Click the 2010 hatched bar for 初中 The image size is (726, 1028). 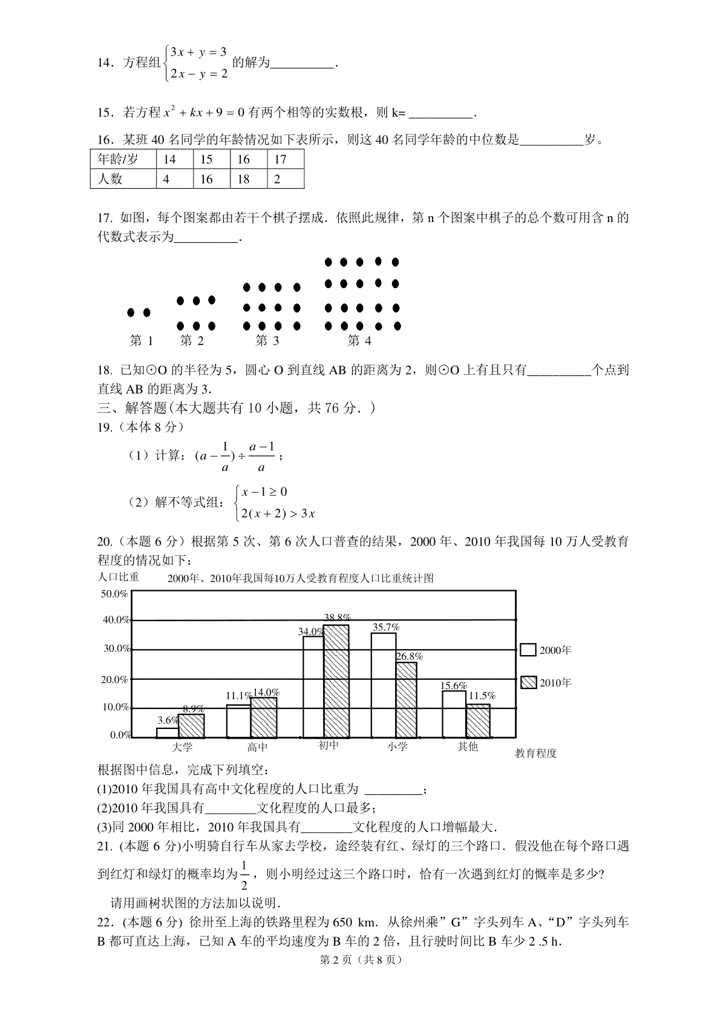(336, 681)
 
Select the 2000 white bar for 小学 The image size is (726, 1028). (384, 685)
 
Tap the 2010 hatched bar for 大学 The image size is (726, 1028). (191, 726)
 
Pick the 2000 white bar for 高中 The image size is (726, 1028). (238, 721)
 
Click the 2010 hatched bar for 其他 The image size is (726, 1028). (478, 720)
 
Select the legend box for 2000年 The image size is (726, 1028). (528, 650)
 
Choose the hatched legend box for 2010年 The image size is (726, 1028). (528, 682)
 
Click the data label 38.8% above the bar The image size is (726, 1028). (337, 618)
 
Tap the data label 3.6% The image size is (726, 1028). (168, 720)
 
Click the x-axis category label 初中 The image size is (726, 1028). (329, 746)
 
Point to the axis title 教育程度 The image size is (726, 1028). (535, 753)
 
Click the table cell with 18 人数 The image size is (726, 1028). (248, 179)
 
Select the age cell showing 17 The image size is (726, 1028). (284, 159)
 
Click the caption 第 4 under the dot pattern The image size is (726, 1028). (359, 341)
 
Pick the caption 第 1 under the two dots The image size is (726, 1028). (142, 341)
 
